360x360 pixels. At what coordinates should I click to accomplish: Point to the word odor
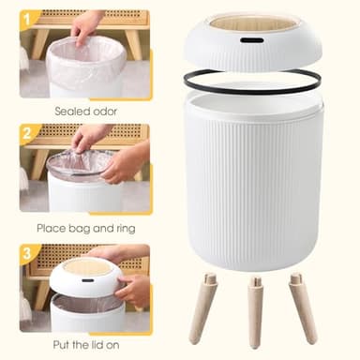click(103, 111)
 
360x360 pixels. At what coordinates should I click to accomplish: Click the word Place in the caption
click(52, 228)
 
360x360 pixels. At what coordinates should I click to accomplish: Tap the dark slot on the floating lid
click(250, 42)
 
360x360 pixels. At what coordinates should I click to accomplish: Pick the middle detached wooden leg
click(254, 312)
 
